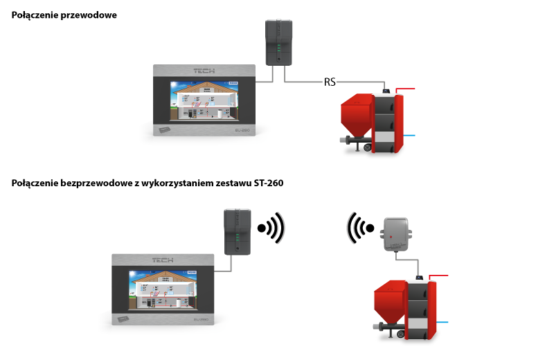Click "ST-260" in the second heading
[x=264, y=183]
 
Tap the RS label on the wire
[x=330, y=82]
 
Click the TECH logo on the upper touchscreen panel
[x=204, y=71]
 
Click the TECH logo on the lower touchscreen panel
[x=163, y=260]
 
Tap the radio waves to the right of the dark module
[x=271, y=228]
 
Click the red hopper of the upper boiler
[x=356, y=114]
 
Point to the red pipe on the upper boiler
[x=409, y=89]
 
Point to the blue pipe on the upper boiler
[x=409, y=136]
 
